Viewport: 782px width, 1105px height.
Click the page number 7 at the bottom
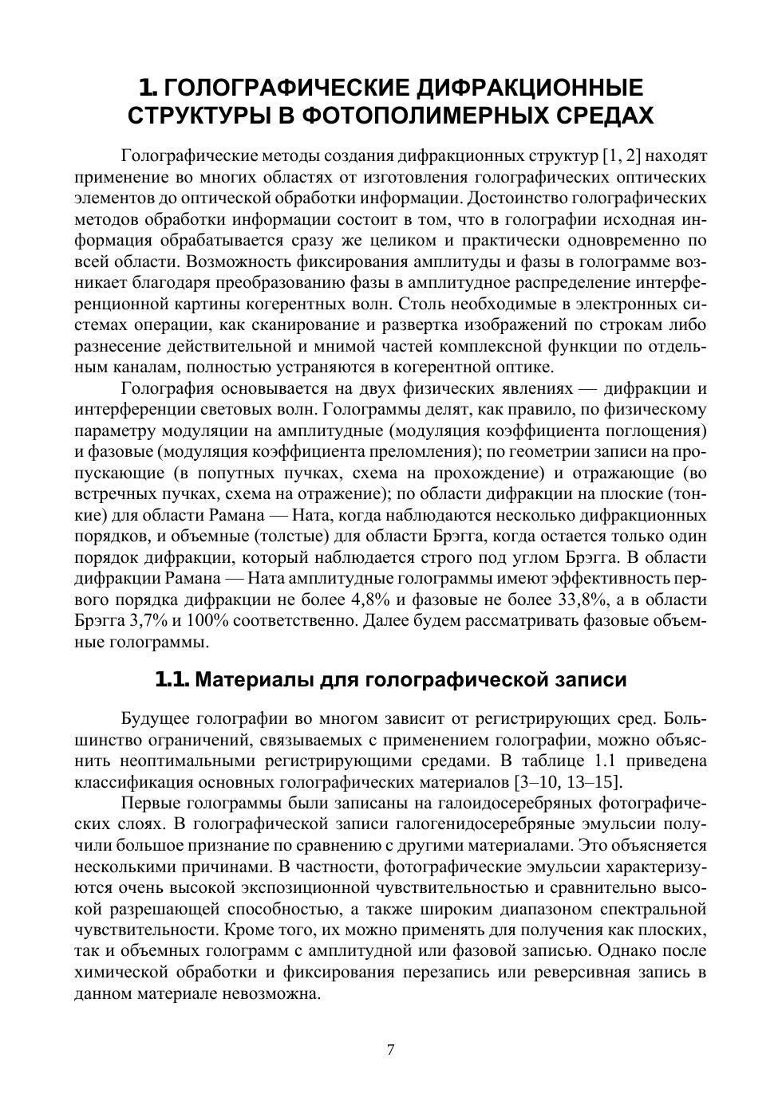click(x=390, y=1050)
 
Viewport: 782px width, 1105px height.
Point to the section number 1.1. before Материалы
click(x=172, y=679)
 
